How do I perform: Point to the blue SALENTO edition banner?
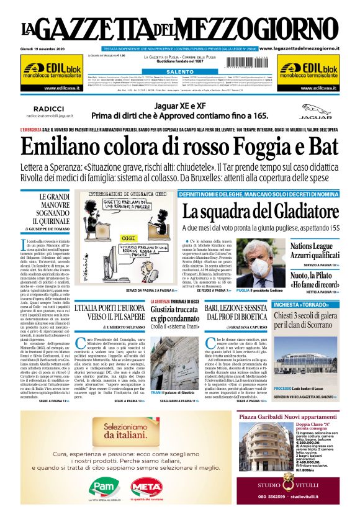coord(179,72)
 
